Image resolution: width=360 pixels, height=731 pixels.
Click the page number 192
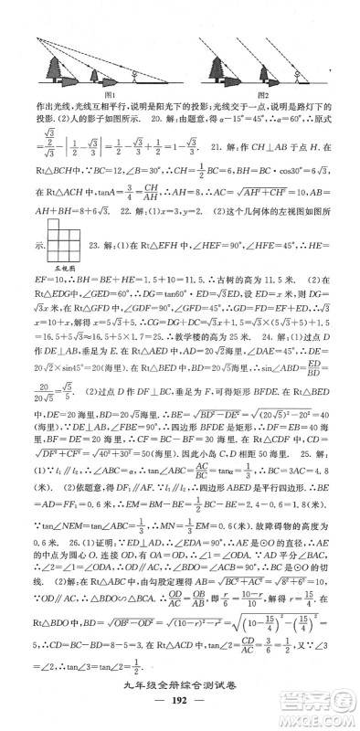pos(180,711)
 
